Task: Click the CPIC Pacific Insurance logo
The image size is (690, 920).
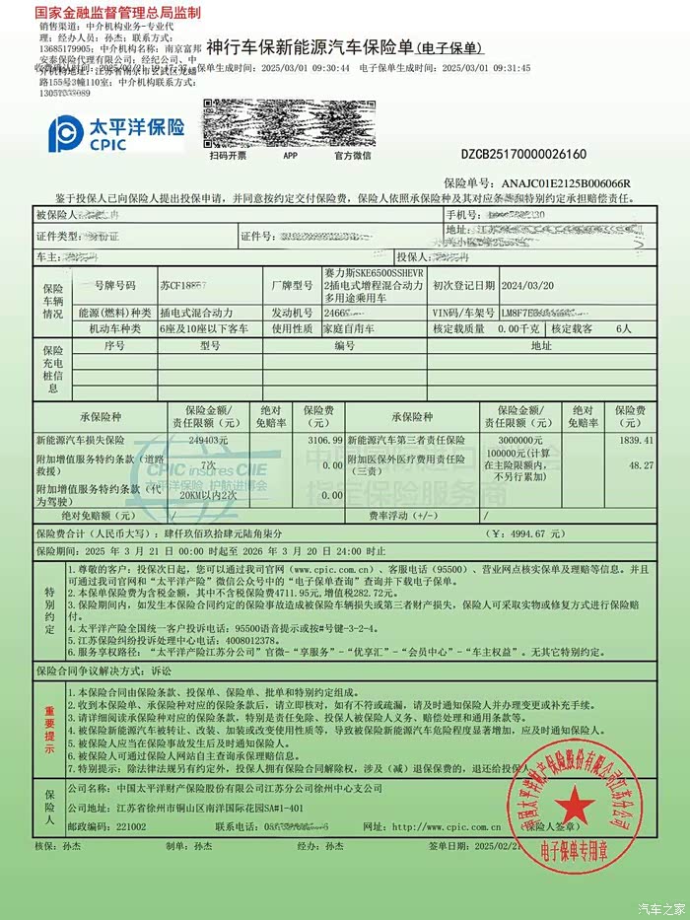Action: pyautogui.click(x=117, y=132)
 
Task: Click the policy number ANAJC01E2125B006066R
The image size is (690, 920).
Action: pyautogui.click(x=567, y=184)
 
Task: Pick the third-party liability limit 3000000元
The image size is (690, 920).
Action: pyautogui.click(x=522, y=440)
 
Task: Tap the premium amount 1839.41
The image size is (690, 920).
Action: pyautogui.click(x=634, y=440)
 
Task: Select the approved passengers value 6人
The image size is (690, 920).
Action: pyautogui.click(x=623, y=328)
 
